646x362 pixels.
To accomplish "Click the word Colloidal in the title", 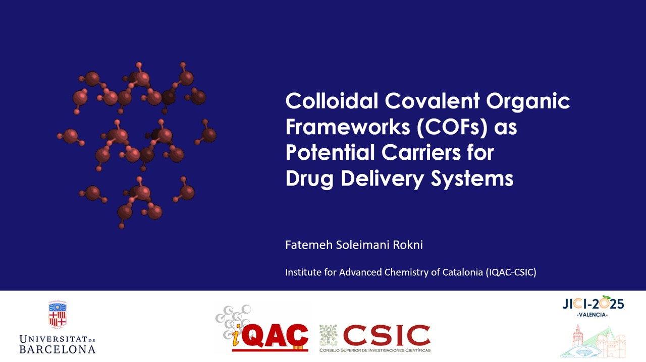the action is coord(332,101).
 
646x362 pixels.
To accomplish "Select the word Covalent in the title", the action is coord(432,101).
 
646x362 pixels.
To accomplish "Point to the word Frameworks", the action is coord(348,127).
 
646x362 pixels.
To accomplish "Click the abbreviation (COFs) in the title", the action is coord(452,128).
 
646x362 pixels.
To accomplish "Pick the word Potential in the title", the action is coord(330,152).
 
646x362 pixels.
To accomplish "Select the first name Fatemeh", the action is coord(309,245).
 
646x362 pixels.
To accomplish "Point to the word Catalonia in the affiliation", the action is coord(463,272).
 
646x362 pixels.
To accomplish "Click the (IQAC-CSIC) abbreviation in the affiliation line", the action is coord(511,272).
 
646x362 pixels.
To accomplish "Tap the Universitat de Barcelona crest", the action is coord(58,314).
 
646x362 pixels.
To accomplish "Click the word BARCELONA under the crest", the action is coord(58,349).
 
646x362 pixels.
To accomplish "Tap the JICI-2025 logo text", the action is coord(593,303).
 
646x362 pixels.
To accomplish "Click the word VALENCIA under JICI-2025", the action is coord(592,315).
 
